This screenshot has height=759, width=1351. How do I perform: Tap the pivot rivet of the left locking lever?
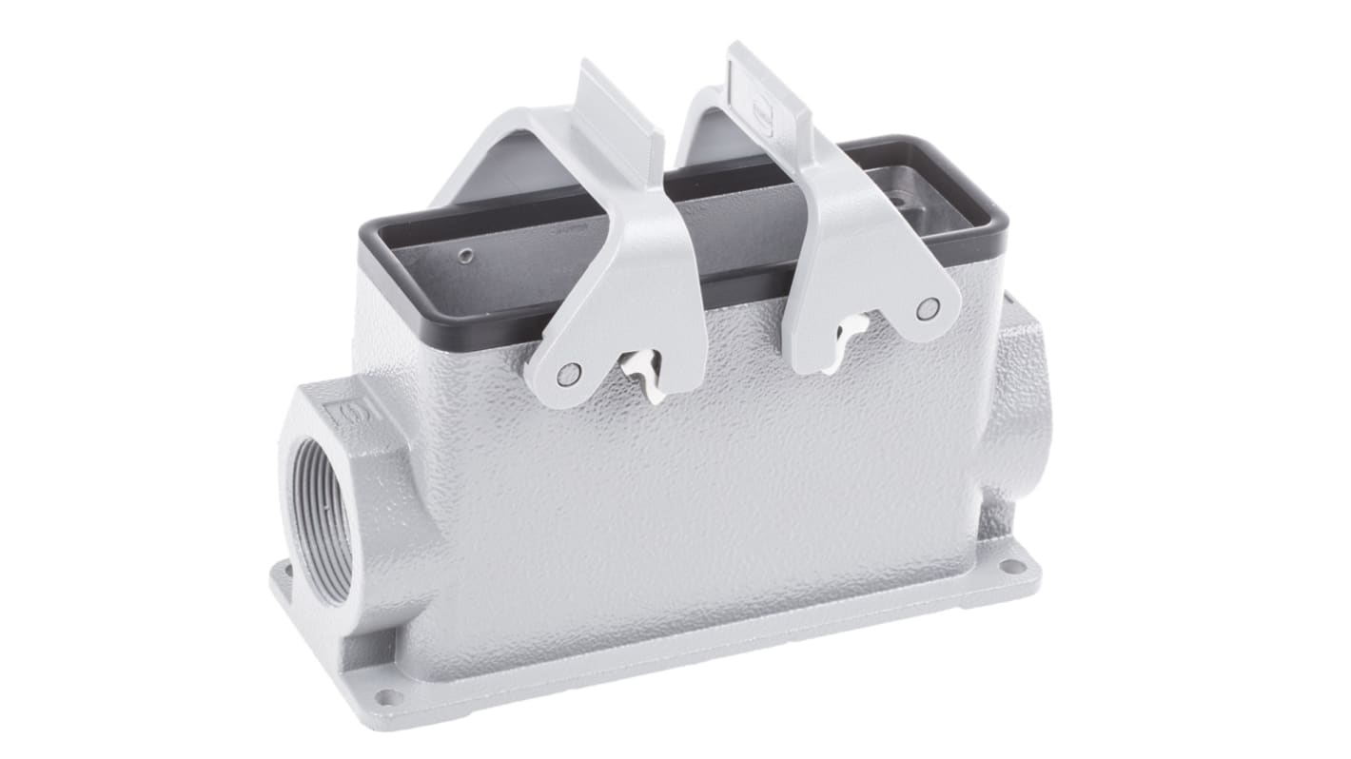click(568, 373)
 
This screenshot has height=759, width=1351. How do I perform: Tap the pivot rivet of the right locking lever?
click(928, 307)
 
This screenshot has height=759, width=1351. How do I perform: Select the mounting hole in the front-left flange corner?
click(386, 696)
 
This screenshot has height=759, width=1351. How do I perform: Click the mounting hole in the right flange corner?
click(1013, 567)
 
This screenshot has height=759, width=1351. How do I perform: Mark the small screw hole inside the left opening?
click(463, 255)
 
